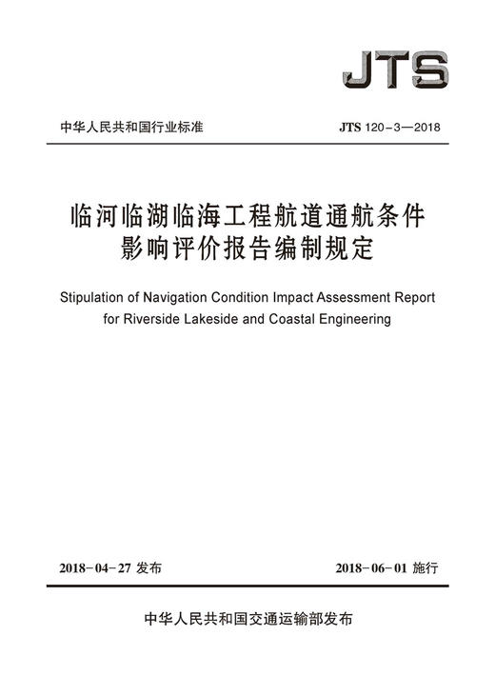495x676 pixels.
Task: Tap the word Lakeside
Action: (233, 320)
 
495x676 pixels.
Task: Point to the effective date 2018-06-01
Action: (373, 568)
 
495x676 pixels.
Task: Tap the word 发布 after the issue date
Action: (150, 568)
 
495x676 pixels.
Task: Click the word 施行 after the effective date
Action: (428, 568)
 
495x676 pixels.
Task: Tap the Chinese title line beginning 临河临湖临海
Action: (247, 214)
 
